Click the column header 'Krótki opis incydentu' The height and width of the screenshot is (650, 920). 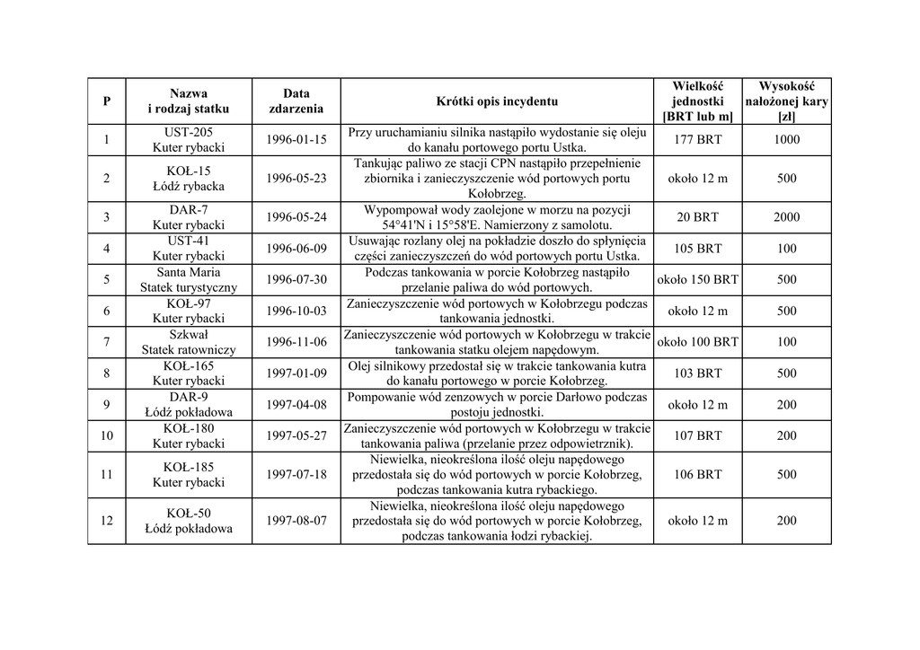(497, 101)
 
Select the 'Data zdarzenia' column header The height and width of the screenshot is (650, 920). (296, 101)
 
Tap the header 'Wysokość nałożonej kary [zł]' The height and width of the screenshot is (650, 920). (786, 101)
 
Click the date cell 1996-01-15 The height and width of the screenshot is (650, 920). (296, 139)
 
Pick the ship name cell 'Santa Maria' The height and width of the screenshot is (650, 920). (189, 272)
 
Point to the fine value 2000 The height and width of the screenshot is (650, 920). (786, 217)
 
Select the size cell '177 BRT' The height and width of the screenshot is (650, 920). (697, 139)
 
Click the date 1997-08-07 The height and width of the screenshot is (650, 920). (296, 521)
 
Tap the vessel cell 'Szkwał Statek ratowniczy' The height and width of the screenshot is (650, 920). (189, 342)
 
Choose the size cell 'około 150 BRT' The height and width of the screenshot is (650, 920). (697, 279)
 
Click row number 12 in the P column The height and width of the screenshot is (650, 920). (107, 521)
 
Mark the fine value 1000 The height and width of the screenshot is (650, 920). (786, 139)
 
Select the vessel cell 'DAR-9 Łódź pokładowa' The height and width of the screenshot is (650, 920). (189, 405)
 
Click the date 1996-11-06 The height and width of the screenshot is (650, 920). (296, 342)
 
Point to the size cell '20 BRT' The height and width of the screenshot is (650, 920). (697, 217)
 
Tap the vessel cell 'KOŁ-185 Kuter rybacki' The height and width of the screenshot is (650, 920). (189, 474)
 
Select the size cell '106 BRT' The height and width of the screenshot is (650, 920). (697, 474)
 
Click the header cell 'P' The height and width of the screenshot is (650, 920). (107, 101)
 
